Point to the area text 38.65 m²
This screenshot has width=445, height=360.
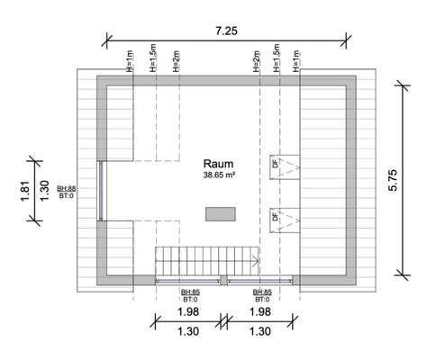coord(219,177)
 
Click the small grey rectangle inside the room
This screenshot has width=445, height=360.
coord(220,213)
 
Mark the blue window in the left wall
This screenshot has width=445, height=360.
coord(103,189)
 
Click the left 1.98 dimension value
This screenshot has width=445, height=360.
coord(188,311)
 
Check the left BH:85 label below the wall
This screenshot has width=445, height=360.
coord(189,292)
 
